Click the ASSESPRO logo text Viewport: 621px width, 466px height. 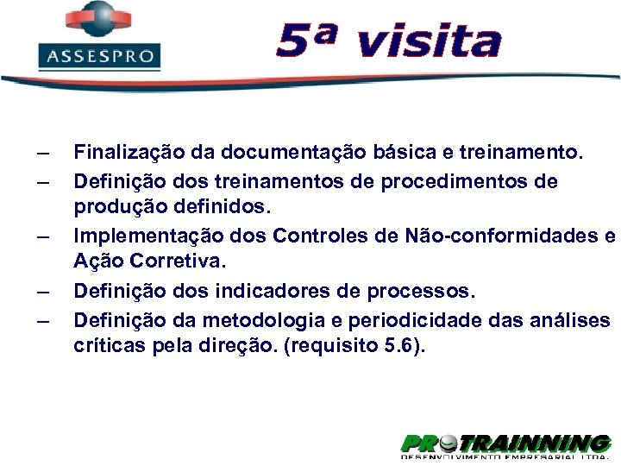pos(100,58)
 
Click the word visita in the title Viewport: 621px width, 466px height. pos(428,41)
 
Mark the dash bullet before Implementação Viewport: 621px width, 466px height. pos(43,235)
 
